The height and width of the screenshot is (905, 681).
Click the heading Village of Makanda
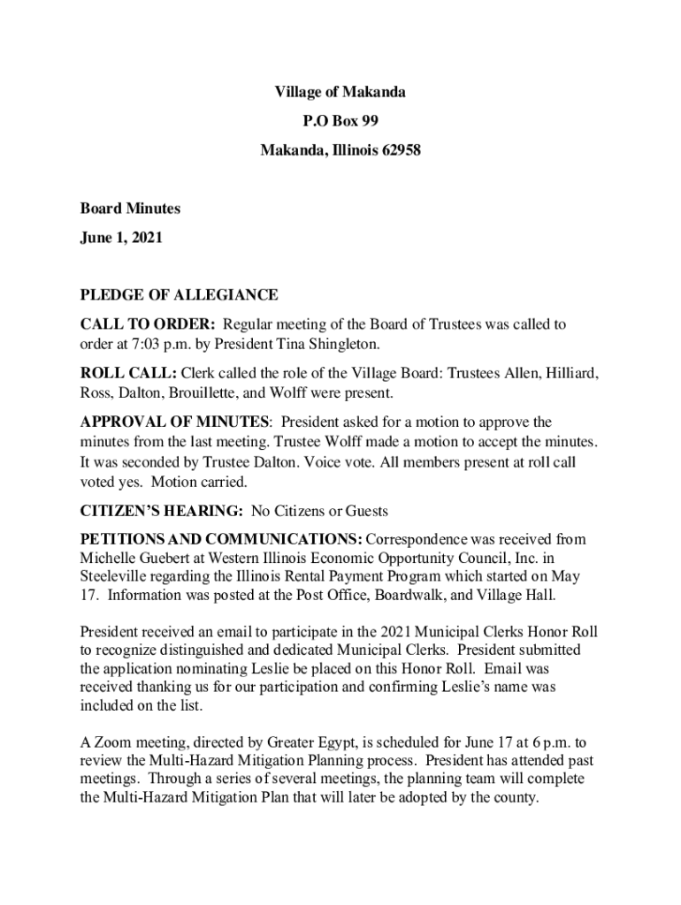click(x=340, y=92)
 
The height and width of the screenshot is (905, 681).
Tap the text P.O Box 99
click(x=340, y=121)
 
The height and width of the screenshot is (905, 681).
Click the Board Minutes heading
click(x=130, y=209)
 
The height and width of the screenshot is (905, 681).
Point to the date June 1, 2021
click(x=121, y=238)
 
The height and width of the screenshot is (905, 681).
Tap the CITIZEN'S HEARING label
click(x=162, y=511)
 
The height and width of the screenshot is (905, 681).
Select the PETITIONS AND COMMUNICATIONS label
click(x=220, y=539)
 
